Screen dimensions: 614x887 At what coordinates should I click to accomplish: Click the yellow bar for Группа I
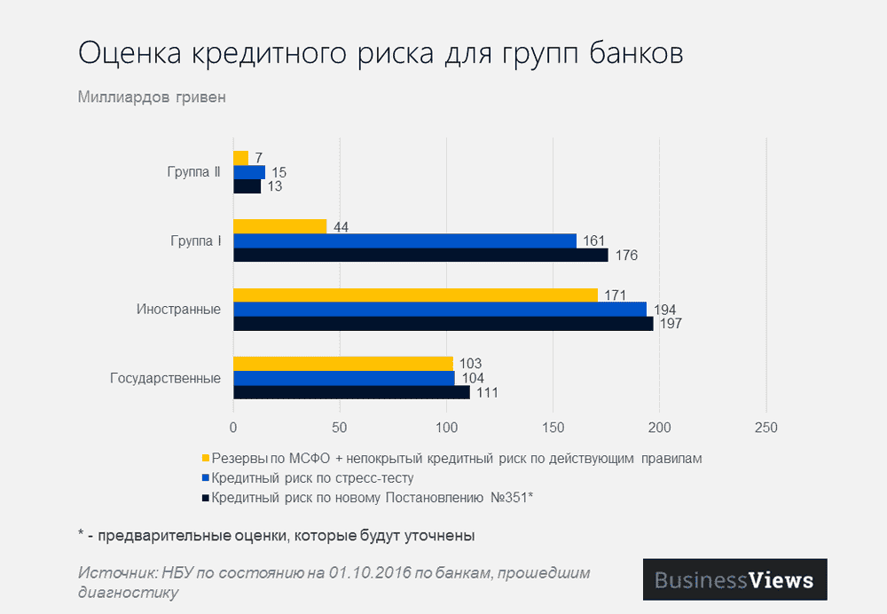point(279,227)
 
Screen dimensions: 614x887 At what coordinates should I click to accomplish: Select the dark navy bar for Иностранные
point(443,324)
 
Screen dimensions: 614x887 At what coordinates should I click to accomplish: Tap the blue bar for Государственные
point(343,378)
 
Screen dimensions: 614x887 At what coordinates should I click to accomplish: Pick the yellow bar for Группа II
point(240,158)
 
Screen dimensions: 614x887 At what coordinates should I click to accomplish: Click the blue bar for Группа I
point(404,240)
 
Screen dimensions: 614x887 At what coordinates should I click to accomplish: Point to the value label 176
point(625,256)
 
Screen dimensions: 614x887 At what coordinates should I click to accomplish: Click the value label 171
point(615,295)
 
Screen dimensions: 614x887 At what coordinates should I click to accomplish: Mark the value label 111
point(486,393)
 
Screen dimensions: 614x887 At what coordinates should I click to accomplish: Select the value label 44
point(340,227)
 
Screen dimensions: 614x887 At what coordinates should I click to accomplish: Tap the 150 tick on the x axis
point(553,428)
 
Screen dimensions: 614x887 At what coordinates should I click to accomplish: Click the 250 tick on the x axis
point(765,428)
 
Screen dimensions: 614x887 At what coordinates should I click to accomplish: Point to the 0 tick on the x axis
point(233,428)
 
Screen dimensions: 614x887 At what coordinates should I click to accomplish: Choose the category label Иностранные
point(178,310)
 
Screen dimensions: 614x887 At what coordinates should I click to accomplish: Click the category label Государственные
point(165,378)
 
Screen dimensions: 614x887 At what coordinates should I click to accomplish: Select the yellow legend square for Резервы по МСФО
point(206,459)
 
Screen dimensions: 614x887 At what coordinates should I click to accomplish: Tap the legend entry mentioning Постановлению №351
point(372,498)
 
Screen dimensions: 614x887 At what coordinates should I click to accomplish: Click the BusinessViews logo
point(734,580)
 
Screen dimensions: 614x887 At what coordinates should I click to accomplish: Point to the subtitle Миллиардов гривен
point(152,98)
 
